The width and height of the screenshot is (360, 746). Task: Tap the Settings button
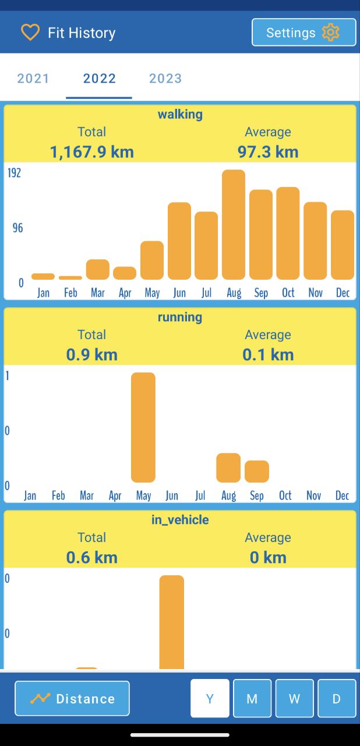click(303, 33)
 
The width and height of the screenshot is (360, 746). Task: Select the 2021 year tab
click(33, 79)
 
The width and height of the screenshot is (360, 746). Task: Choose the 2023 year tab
click(165, 79)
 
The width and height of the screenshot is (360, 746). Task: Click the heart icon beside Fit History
click(30, 33)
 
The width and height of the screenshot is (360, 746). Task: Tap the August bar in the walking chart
click(234, 224)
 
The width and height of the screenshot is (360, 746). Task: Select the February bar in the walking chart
click(70, 277)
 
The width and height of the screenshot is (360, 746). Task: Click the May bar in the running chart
click(143, 427)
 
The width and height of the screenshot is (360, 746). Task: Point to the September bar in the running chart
click(257, 471)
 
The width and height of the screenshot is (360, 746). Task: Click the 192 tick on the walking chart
click(14, 173)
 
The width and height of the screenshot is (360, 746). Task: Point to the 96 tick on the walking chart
click(18, 228)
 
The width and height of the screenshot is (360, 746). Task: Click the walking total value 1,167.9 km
click(92, 152)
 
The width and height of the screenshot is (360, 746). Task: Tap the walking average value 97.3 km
click(268, 152)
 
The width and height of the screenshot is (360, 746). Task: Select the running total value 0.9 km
click(92, 355)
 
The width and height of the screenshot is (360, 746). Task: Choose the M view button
click(252, 698)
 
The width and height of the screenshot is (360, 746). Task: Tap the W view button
click(294, 698)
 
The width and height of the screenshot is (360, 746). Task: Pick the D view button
click(337, 698)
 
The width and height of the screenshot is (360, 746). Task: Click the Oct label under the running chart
click(285, 495)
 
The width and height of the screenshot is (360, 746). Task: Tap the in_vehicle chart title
click(180, 520)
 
